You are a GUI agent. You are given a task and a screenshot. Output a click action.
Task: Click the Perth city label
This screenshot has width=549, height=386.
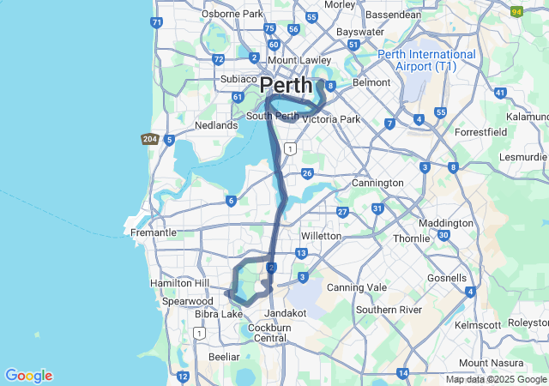coord(287,86)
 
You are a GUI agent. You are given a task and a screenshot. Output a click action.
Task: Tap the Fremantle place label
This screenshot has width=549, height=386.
coord(154,232)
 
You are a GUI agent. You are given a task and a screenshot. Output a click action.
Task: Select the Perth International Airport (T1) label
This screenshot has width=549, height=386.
coord(427,60)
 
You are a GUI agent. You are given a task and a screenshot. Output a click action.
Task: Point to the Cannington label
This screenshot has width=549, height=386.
coord(377,183)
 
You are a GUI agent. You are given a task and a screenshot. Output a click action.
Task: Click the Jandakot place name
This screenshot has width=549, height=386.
coord(286,313)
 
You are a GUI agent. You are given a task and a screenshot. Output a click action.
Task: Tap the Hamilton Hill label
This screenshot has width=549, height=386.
coord(178,283)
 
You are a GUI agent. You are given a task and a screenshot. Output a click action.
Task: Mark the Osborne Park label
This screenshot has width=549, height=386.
coord(232,14)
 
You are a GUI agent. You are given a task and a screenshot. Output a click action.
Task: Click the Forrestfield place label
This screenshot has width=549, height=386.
coord(480,132)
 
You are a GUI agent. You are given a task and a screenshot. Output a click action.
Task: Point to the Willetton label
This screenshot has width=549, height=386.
coord(322,236)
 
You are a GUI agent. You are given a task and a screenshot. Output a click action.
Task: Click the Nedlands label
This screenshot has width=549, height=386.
coord(216,125)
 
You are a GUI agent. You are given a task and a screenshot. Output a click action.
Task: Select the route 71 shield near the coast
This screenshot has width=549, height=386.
coord(155,21)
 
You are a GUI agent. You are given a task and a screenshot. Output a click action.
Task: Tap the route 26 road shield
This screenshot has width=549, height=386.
coord(306,174)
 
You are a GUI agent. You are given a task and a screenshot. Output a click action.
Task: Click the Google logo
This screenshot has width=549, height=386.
coord(28,376)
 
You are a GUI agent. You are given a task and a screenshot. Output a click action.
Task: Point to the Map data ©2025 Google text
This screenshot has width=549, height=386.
coord(496,380)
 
